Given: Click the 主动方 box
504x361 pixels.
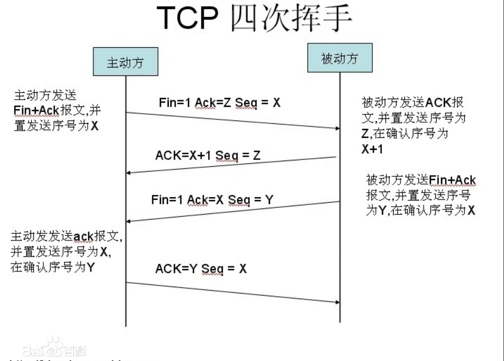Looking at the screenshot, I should coord(125,62).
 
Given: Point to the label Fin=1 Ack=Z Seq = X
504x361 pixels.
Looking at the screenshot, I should coord(219,103).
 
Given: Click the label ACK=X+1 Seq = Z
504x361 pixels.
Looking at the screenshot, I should coord(208,155).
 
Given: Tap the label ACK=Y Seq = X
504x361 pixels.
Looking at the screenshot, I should coord(201,269).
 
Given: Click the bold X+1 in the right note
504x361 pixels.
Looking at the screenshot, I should coord(372,149).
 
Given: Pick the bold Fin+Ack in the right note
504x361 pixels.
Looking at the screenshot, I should coord(452,181).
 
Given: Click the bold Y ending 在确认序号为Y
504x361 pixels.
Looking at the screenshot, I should coord(91,268).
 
